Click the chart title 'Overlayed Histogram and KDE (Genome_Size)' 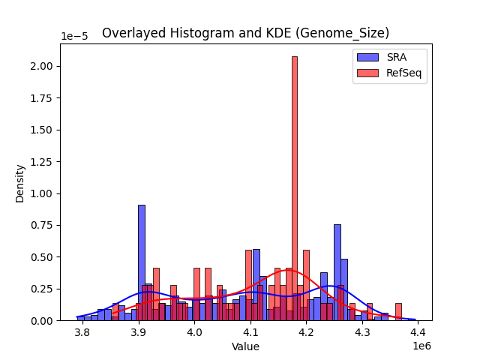245,33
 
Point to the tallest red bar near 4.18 295,187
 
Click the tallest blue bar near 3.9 141,262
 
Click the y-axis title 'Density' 20,183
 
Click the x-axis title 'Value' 245,346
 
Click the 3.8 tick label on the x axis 82,331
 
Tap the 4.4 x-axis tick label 418,331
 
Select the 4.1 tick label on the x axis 250,331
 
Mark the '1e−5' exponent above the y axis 74,37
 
